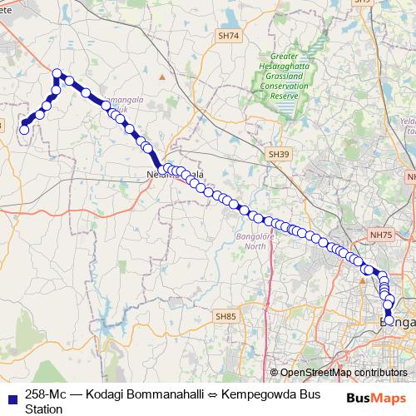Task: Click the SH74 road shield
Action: [x=227, y=36]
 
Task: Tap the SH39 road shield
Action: [x=278, y=155]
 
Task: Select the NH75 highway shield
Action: [x=381, y=235]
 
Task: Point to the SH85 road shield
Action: [x=226, y=316]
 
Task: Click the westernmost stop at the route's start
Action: [x=24, y=129]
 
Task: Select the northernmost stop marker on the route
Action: [x=57, y=73]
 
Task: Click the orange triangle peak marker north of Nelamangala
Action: [x=163, y=77]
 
